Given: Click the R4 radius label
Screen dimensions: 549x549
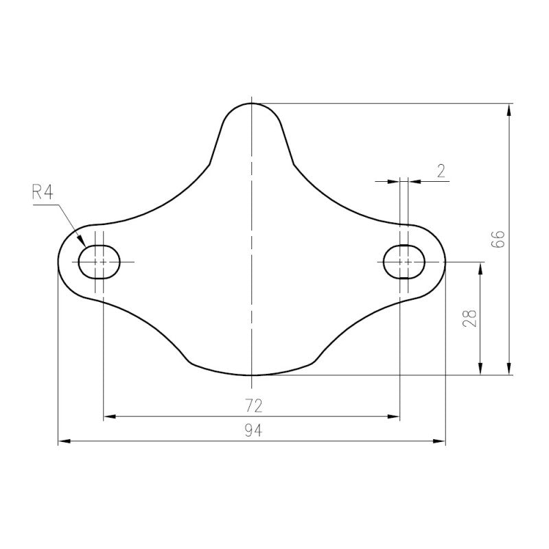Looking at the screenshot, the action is (43, 192).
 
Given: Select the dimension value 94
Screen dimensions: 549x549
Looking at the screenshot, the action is (253, 430).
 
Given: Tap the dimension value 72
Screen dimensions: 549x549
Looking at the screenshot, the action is (253, 406).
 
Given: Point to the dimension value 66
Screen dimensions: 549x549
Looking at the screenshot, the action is (498, 240).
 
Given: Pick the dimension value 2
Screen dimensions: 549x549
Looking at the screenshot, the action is (441, 171).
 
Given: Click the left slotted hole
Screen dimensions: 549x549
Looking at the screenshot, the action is (100, 262).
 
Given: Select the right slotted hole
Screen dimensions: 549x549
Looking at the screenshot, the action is (404, 262).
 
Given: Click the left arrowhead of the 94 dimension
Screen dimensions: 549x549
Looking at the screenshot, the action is (64, 441).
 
